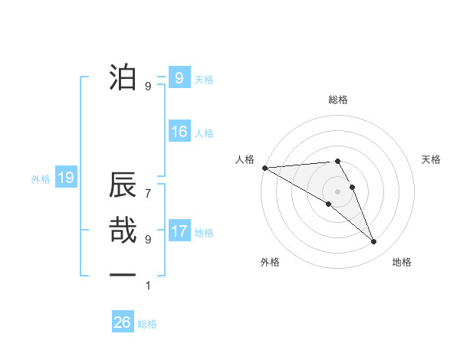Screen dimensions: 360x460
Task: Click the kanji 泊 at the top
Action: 123,77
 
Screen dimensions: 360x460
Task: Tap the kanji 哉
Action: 123,231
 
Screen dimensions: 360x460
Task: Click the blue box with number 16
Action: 179,132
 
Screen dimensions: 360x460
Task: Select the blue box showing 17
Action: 179,231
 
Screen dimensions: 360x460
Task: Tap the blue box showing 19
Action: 65,178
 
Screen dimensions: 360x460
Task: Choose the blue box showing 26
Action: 123,322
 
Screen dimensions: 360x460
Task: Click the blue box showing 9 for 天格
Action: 179,77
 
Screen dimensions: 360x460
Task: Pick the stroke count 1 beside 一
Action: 148,286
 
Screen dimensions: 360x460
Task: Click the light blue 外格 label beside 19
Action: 41,179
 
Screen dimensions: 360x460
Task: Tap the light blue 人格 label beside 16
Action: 204,133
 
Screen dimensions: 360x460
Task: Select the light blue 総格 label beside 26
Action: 147,324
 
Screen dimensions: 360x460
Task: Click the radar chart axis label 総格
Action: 338,100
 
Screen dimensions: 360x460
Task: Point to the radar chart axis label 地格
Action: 402,262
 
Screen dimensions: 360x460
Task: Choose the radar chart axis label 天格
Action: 432,159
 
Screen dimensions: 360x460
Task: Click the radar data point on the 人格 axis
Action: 264,168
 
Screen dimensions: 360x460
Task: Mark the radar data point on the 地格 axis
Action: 374,242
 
